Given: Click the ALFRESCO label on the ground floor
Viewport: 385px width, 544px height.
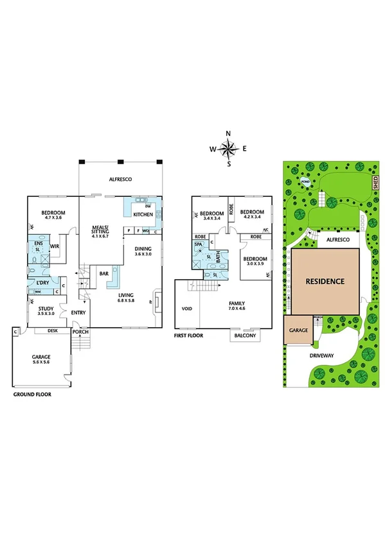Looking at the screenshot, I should tap(120, 180).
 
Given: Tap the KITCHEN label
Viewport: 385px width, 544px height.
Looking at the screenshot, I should tap(143, 214).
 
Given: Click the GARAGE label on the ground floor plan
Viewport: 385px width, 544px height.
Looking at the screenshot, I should tap(41, 357).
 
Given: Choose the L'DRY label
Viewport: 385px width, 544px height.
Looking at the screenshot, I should tap(43, 283).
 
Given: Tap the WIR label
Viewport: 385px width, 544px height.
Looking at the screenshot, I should tap(55, 245).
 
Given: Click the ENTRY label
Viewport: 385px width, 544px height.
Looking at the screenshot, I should tap(78, 312).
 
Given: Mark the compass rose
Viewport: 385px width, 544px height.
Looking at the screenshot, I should tap(228, 149).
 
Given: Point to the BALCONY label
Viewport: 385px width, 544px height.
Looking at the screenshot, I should tap(244, 336).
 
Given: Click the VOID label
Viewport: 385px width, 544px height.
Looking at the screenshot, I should tap(187, 309).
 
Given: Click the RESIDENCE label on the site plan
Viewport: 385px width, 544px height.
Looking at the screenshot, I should tap(325, 281).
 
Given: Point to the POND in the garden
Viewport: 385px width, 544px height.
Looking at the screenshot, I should tap(305, 182).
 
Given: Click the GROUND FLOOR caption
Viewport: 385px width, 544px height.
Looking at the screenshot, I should tap(32, 395).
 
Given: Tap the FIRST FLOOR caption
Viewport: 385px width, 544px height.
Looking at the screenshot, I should tap(190, 335).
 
